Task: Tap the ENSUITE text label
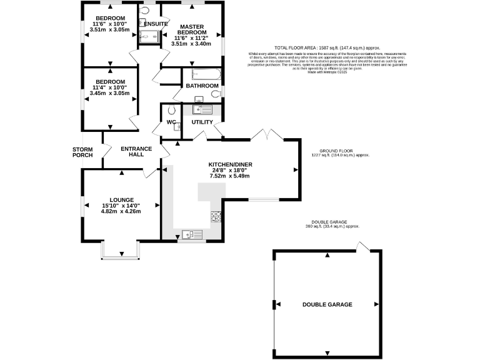point(156,24)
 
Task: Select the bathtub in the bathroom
point(201,73)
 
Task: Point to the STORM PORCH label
point(82,152)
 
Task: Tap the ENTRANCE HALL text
point(136,152)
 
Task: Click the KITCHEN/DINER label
point(231,165)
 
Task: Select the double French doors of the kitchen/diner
point(266,135)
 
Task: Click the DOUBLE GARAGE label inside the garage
point(327,304)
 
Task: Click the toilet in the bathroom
point(216,94)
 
